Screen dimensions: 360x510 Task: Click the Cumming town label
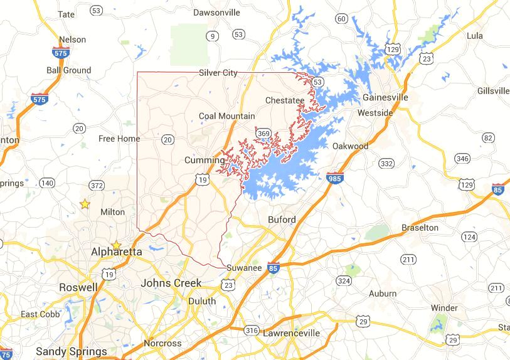click(x=205, y=161)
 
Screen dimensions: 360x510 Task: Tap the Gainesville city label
click(x=385, y=98)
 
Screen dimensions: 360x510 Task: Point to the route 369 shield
click(x=263, y=133)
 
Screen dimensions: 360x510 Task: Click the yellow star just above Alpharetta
click(x=116, y=245)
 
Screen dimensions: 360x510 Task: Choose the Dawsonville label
click(x=216, y=12)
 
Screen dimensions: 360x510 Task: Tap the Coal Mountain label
click(x=227, y=116)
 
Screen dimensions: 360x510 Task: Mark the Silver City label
click(x=218, y=73)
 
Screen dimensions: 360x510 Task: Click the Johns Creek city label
click(x=171, y=283)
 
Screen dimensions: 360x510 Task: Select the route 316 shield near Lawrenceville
click(x=252, y=330)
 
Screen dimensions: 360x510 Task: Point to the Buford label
click(x=281, y=220)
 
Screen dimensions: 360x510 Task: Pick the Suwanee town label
click(x=244, y=268)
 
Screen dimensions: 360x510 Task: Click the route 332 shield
click(x=386, y=164)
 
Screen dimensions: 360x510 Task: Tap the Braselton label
click(x=420, y=228)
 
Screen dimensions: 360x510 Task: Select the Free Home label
click(x=119, y=139)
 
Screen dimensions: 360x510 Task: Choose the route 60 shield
click(x=342, y=18)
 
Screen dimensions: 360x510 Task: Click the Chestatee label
click(x=285, y=100)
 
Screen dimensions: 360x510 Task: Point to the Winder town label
click(x=444, y=308)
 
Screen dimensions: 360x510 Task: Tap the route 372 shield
click(x=97, y=185)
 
